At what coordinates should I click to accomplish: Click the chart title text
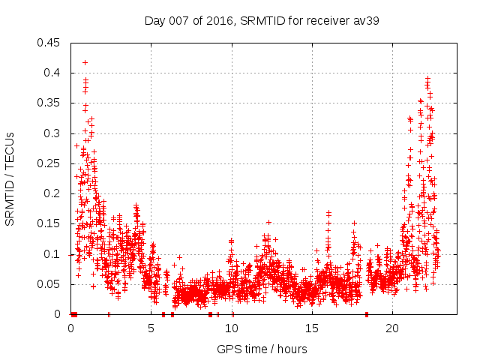click(x=262, y=20)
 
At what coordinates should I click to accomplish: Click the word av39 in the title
click(x=366, y=20)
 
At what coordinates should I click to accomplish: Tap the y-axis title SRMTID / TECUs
click(x=10, y=178)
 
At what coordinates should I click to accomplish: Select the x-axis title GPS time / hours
click(x=262, y=349)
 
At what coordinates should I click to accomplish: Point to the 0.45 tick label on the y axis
click(x=50, y=43)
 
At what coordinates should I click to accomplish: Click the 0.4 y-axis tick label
click(x=53, y=73)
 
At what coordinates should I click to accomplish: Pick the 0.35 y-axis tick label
click(x=50, y=103)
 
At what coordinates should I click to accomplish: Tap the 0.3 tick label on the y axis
click(x=53, y=133)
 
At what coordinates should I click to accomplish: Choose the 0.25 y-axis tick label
click(x=50, y=163)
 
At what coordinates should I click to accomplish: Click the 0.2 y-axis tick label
click(x=53, y=193)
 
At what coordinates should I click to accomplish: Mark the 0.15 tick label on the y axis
click(x=50, y=224)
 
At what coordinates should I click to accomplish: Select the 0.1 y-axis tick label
click(x=53, y=254)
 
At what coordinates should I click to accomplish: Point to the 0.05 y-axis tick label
click(x=50, y=284)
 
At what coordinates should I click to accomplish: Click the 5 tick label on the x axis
click(x=151, y=328)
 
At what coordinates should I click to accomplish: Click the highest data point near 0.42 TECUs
click(x=85, y=62)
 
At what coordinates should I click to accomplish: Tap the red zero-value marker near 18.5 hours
click(x=367, y=314)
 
